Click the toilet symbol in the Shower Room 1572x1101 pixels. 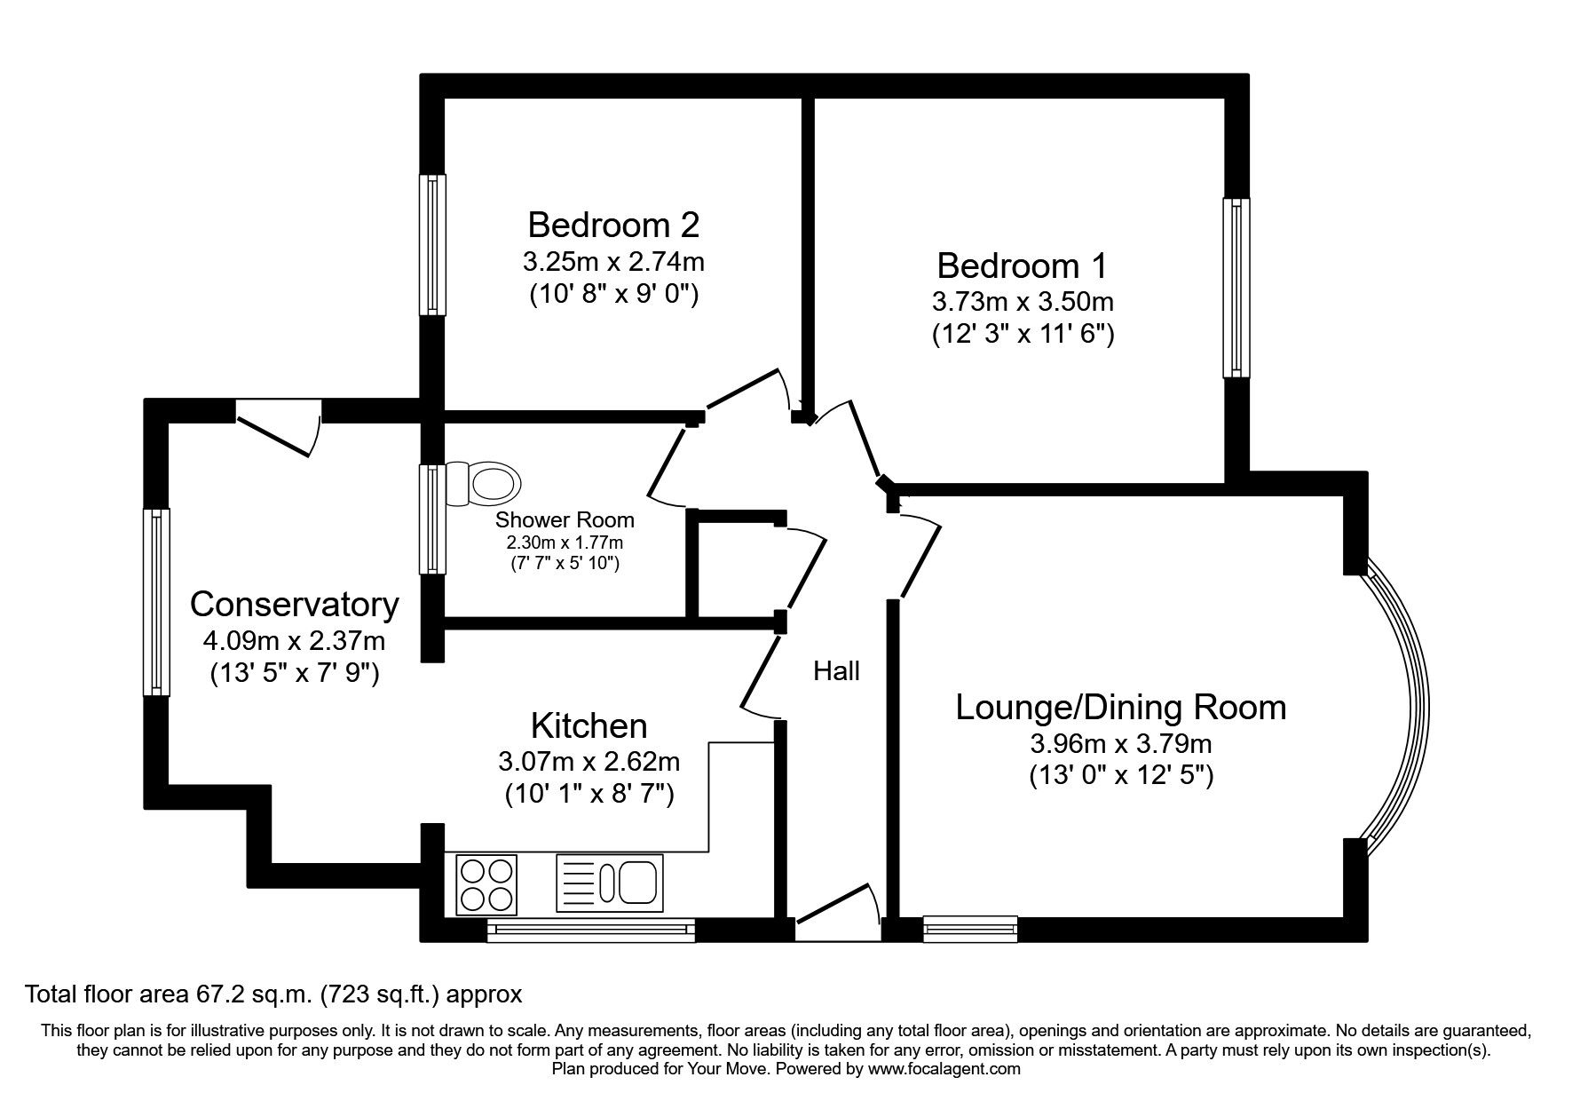tap(486, 484)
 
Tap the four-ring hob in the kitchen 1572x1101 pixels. tap(486, 883)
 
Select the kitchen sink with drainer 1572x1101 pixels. tap(610, 883)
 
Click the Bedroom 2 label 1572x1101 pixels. tap(613, 225)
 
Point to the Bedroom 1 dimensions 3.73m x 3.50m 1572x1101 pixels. tap(1023, 302)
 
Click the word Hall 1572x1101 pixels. tap(836, 671)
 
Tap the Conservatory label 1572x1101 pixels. tap(294, 605)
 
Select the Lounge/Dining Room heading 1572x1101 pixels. tap(1120, 708)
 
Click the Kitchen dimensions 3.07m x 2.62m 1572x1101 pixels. tap(589, 762)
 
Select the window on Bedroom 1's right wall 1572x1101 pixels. tap(1236, 287)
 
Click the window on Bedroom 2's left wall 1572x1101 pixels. tap(432, 244)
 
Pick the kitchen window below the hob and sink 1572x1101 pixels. tap(590, 930)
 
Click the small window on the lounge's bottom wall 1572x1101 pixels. tap(970, 929)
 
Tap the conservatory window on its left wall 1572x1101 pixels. tap(157, 601)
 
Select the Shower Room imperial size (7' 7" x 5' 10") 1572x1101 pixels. tap(565, 562)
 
